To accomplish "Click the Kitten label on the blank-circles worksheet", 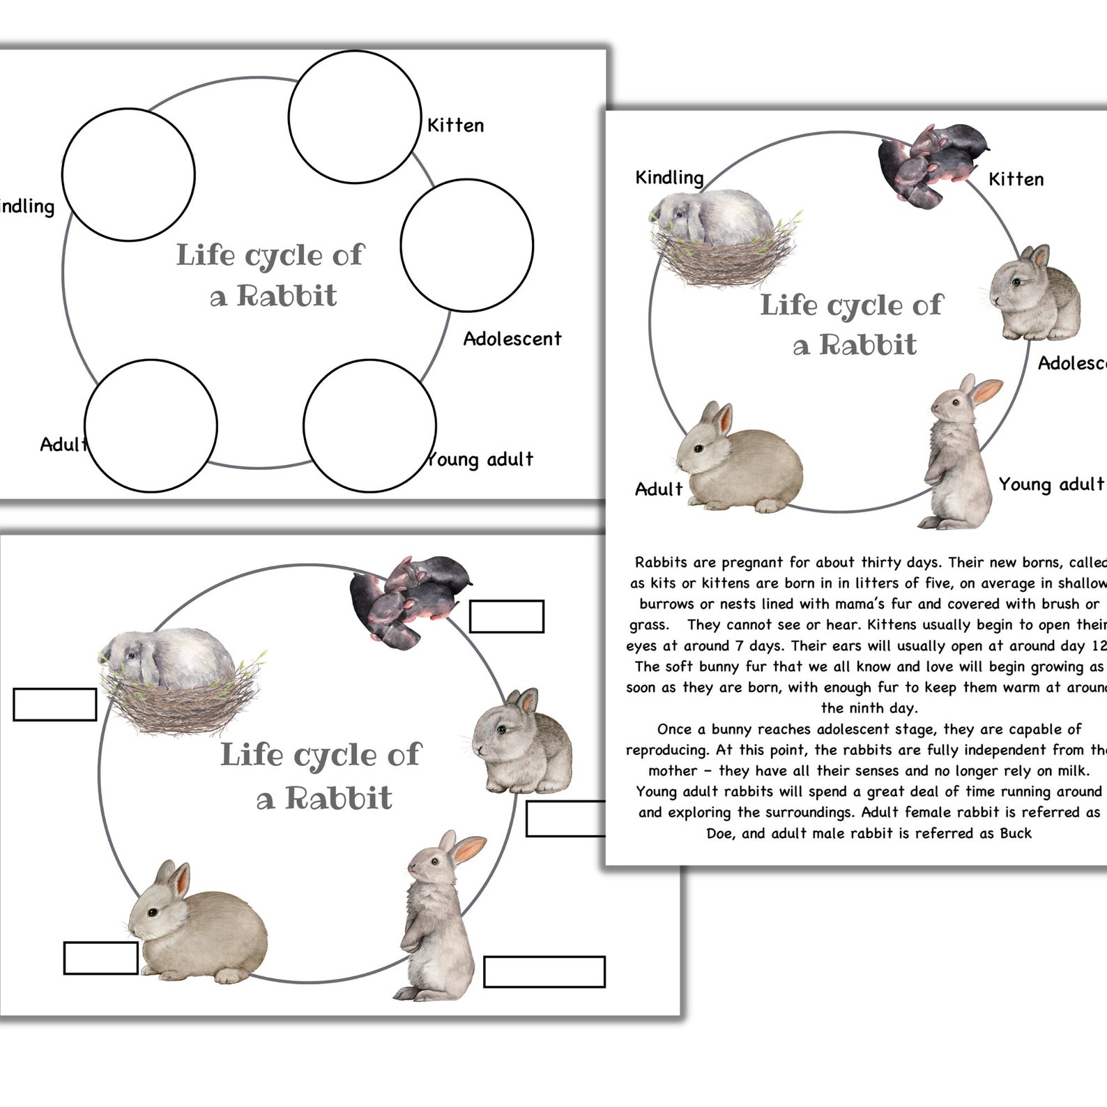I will click(455, 125).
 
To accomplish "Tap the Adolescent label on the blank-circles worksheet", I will click(512, 339).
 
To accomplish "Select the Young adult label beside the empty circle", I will click(481, 459).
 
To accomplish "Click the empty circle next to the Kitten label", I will click(355, 117).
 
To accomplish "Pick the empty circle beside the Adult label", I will click(151, 426).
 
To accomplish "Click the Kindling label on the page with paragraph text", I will click(669, 178).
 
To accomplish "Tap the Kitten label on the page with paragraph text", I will click(1016, 180).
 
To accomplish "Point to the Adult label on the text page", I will click(658, 489).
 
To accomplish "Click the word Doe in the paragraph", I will click(719, 834).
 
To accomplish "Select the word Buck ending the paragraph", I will click(1016, 834).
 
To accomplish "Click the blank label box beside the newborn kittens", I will click(507, 616).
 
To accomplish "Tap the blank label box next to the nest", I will click(55, 704).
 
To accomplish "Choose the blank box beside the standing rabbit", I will click(544, 972).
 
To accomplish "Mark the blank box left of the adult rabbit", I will click(100, 958).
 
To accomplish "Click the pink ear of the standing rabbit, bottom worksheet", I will click(469, 848).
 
